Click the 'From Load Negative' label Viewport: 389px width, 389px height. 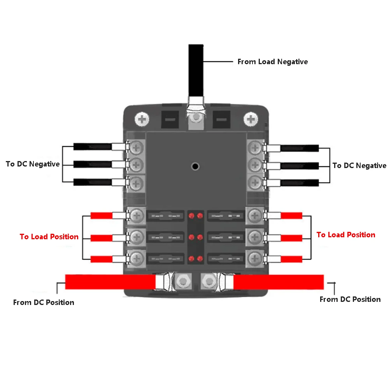272,62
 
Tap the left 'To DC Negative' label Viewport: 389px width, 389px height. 33,164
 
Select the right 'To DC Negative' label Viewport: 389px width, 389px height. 359,166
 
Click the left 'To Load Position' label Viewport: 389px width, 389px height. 49,237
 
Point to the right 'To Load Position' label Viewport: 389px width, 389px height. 345,235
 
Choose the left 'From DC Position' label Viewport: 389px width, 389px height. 44,302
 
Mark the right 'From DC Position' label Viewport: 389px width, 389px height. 350,299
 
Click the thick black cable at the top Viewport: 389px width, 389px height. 196,70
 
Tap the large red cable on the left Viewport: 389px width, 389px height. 109,282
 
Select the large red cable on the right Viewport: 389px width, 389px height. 278,282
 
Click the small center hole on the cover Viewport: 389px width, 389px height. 195,166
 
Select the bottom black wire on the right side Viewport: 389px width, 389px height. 300,182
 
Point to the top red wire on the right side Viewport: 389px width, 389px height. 291,216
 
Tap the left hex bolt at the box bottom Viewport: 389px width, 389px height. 182,281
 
